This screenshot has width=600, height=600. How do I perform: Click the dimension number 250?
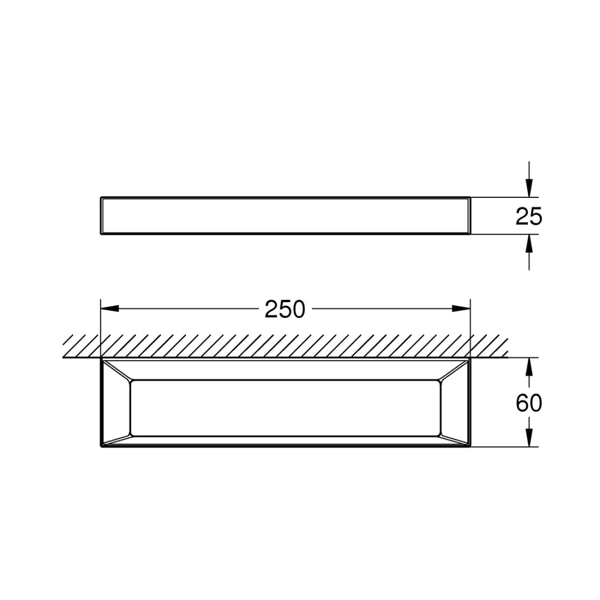(x=285, y=309)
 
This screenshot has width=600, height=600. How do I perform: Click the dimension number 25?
(x=529, y=216)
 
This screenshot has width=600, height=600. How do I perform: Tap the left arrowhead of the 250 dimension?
(x=110, y=309)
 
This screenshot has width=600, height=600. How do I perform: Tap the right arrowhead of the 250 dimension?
(x=461, y=309)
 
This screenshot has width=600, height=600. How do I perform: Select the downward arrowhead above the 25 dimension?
(x=529, y=188)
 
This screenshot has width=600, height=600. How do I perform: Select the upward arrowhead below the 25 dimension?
(x=529, y=243)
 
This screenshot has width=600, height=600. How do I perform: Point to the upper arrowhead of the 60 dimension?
(x=529, y=367)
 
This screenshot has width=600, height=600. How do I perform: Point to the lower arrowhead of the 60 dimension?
(x=529, y=438)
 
